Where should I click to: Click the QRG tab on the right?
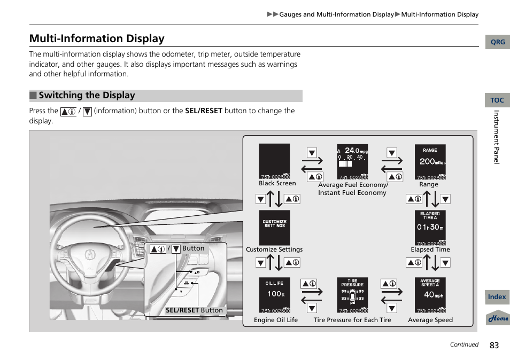coord(497,42)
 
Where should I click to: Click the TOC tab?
coord(497,100)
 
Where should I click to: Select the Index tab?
coord(497,297)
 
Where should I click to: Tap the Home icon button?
coord(498,318)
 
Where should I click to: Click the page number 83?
coord(493,345)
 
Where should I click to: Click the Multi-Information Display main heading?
coord(97,38)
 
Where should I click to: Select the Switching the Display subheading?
coord(87,96)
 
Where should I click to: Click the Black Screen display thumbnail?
coord(274,161)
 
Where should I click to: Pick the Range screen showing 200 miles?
coord(430,161)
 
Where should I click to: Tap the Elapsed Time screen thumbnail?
coord(430,228)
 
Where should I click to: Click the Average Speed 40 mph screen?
coord(430,295)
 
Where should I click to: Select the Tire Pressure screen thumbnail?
coord(352,295)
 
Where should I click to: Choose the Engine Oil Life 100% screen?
coord(275,295)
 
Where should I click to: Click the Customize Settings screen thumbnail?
coord(275,228)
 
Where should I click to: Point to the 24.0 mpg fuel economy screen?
coord(352,161)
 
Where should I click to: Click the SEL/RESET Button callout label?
coord(194,310)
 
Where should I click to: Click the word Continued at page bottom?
coord(463,345)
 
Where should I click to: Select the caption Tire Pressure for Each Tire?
coord(352,320)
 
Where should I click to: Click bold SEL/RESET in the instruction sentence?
coord(203,111)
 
